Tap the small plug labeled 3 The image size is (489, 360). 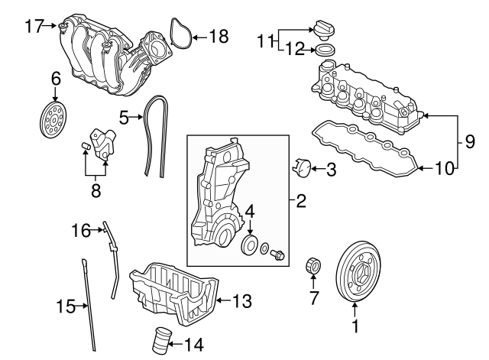[302, 166]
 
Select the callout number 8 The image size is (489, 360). [96, 189]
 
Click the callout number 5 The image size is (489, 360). [125, 117]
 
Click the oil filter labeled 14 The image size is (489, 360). [160, 339]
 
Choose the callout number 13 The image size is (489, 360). [241, 302]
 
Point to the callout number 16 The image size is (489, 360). [81, 229]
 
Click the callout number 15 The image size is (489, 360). [66, 307]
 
